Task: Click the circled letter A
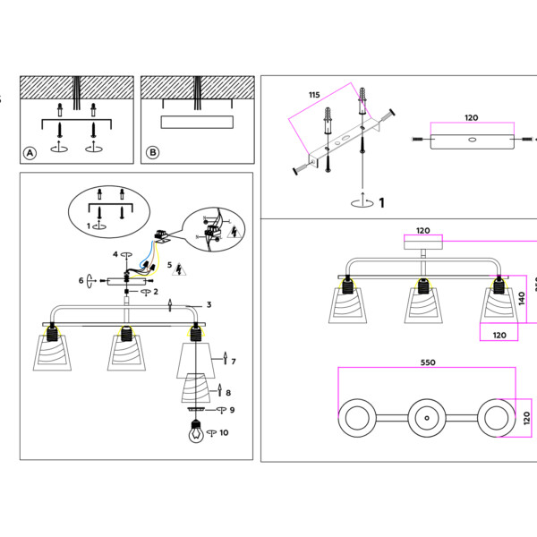click(x=30, y=153)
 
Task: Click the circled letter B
click(x=152, y=153)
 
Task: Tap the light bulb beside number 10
click(x=195, y=431)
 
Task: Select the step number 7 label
click(x=233, y=362)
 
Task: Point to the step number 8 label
click(x=229, y=392)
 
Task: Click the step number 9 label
click(x=231, y=410)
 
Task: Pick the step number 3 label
click(x=209, y=305)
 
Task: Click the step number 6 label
click(x=81, y=280)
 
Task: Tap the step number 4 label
click(x=115, y=254)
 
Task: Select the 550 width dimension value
click(x=427, y=362)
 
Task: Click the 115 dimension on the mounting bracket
click(x=313, y=95)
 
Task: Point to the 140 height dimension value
click(x=522, y=298)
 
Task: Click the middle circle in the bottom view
click(x=425, y=417)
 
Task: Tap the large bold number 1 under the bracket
click(x=381, y=203)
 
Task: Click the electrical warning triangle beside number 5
click(x=178, y=268)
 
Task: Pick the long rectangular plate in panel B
click(x=196, y=123)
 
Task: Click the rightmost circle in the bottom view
click(x=495, y=417)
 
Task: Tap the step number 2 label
click(x=155, y=292)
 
